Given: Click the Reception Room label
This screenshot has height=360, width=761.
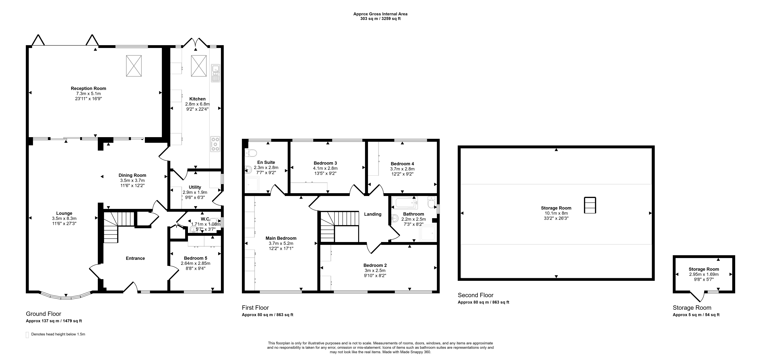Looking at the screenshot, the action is pyautogui.click(x=88, y=88).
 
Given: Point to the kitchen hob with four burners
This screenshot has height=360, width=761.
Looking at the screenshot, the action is pyautogui.click(x=215, y=144).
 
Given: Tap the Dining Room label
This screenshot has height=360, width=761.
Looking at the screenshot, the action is pyautogui.click(x=132, y=175).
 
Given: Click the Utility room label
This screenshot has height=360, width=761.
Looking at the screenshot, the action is pyautogui.click(x=195, y=187).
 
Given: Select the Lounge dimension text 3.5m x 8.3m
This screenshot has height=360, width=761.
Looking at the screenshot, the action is pyautogui.click(x=64, y=218).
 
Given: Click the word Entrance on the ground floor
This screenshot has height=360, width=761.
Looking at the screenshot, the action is pyautogui.click(x=135, y=258).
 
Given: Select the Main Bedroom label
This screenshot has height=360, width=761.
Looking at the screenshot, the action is pyautogui.click(x=281, y=238).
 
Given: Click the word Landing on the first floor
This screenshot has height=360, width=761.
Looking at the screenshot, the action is pyautogui.click(x=373, y=214).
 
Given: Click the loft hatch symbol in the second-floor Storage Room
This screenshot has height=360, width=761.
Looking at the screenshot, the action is pyautogui.click(x=590, y=205).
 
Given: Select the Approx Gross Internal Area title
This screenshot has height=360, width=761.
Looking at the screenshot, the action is pyautogui.click(x=380, y=14).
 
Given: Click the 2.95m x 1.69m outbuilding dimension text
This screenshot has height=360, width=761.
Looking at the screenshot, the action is pyautogui.click(x=704, y=274).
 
